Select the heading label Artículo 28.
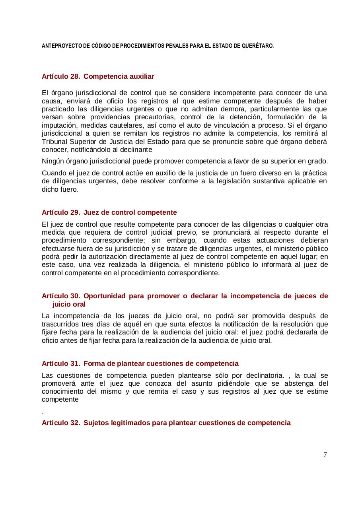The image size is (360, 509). click(61, 76)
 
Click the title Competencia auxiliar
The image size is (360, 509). click(119, 76)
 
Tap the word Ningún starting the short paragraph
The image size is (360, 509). click(53, 161)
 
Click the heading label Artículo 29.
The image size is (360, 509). click(61, 212)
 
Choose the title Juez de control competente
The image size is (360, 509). click(130, 212)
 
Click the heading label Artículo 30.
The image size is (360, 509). click(61, 296)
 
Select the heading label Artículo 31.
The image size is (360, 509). click(61, 363)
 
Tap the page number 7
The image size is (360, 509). click(325, 455)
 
